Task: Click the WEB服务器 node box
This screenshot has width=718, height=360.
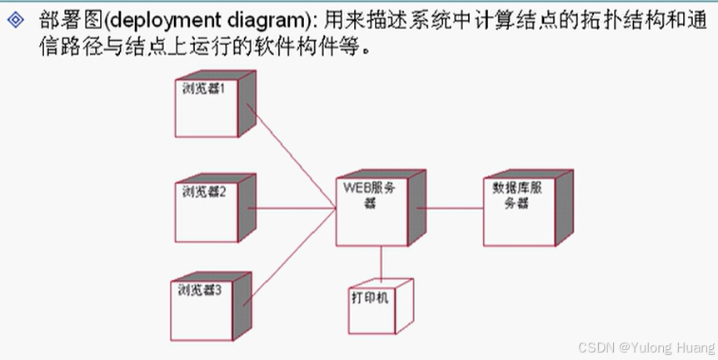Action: pos(371,212)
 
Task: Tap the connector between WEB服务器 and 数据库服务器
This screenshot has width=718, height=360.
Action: pos(450,208)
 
